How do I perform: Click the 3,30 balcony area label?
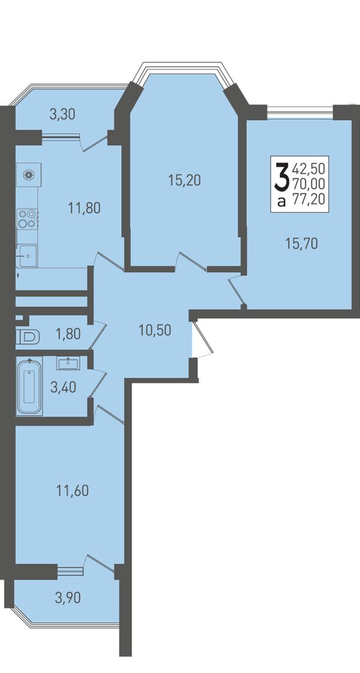coord(62,114)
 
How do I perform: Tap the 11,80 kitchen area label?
coord(84,208)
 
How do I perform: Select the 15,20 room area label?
coord(185,181)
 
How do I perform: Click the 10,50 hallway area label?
coord(155,330)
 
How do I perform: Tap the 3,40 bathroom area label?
coord(63,387)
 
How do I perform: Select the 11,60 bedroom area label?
coord(73,490)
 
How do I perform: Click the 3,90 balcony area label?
coord(68,597)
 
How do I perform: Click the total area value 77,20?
coord(308,198)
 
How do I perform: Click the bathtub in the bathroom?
coord(29,387)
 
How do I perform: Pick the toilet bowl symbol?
coord(28,337)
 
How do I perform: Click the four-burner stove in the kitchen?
coord(27,219)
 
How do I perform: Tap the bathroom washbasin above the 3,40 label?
coord(67,363)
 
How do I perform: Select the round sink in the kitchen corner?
coord(29,174)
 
